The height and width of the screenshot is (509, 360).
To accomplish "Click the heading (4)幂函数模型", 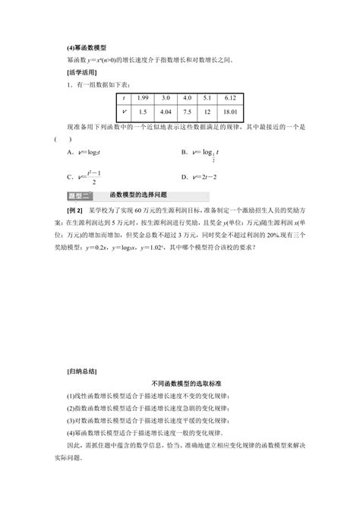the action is pos(84,46).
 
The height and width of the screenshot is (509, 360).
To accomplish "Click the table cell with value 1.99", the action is pos(142,98).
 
